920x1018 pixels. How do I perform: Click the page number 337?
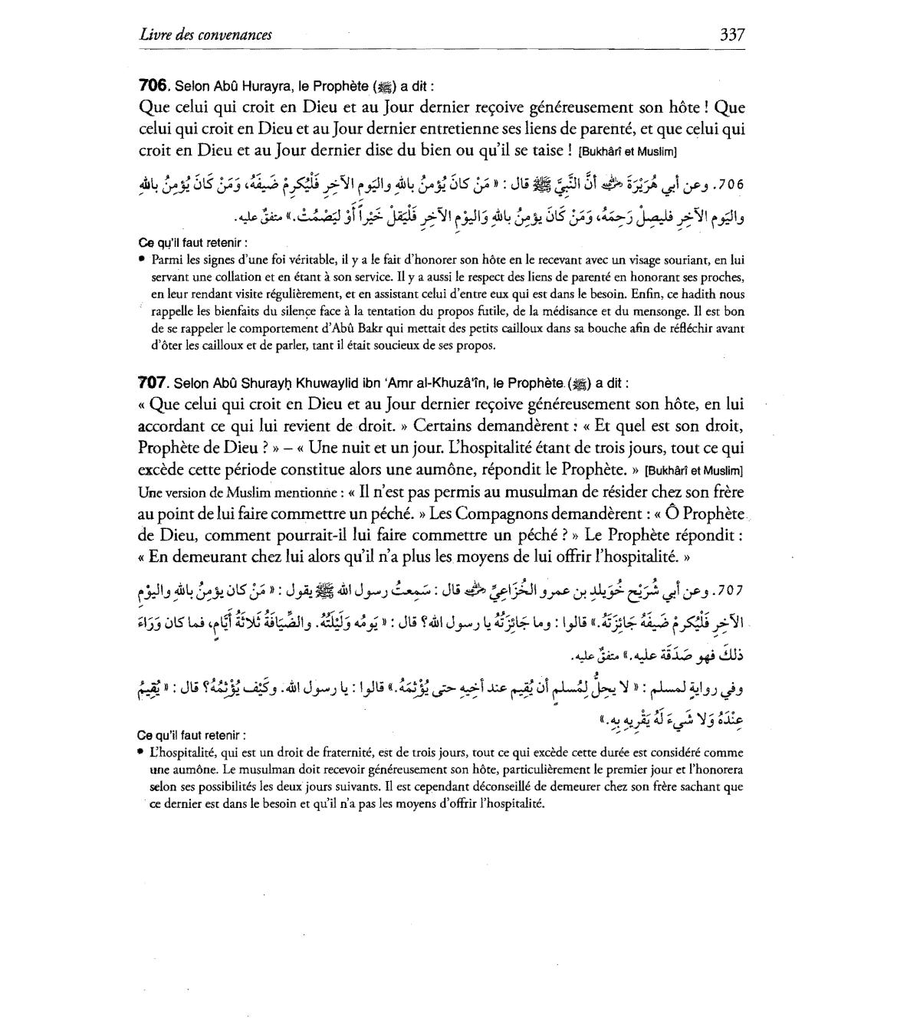click(x=732, y=34)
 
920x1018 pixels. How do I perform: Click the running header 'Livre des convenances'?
click(x=206, y=34)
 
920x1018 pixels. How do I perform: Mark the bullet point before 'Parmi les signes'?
click(x=143, y=260)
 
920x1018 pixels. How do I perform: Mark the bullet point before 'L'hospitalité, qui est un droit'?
click(x=143, y=753)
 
